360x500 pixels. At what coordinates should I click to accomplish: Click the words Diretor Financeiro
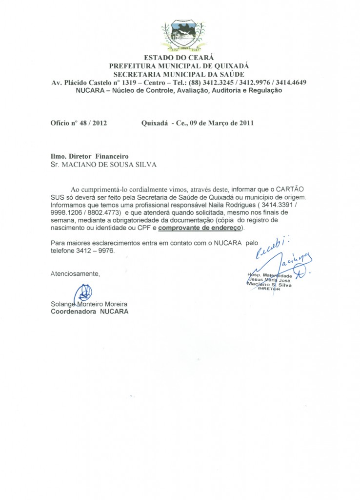coord(101,157)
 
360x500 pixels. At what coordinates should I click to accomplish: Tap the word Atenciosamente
coord(76,273)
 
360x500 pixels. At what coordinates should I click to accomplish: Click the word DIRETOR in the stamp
coord(269,290)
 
